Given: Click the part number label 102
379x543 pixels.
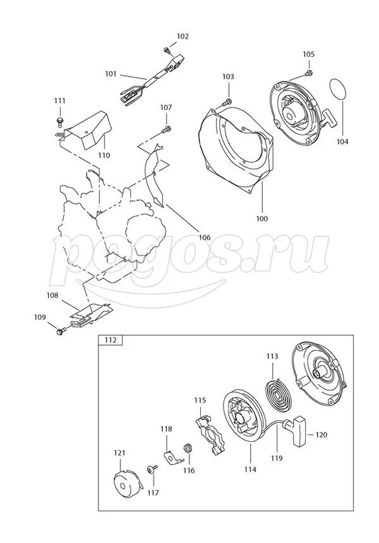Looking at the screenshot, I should (183, 37).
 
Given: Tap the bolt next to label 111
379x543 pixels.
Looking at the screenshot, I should (59, 118).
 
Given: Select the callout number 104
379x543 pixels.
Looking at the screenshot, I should (342, 142).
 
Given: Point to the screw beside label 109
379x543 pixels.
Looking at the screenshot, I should (61, 330).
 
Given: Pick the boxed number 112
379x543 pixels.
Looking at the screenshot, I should (111, 340).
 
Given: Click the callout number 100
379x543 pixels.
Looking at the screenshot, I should (262, 219).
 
